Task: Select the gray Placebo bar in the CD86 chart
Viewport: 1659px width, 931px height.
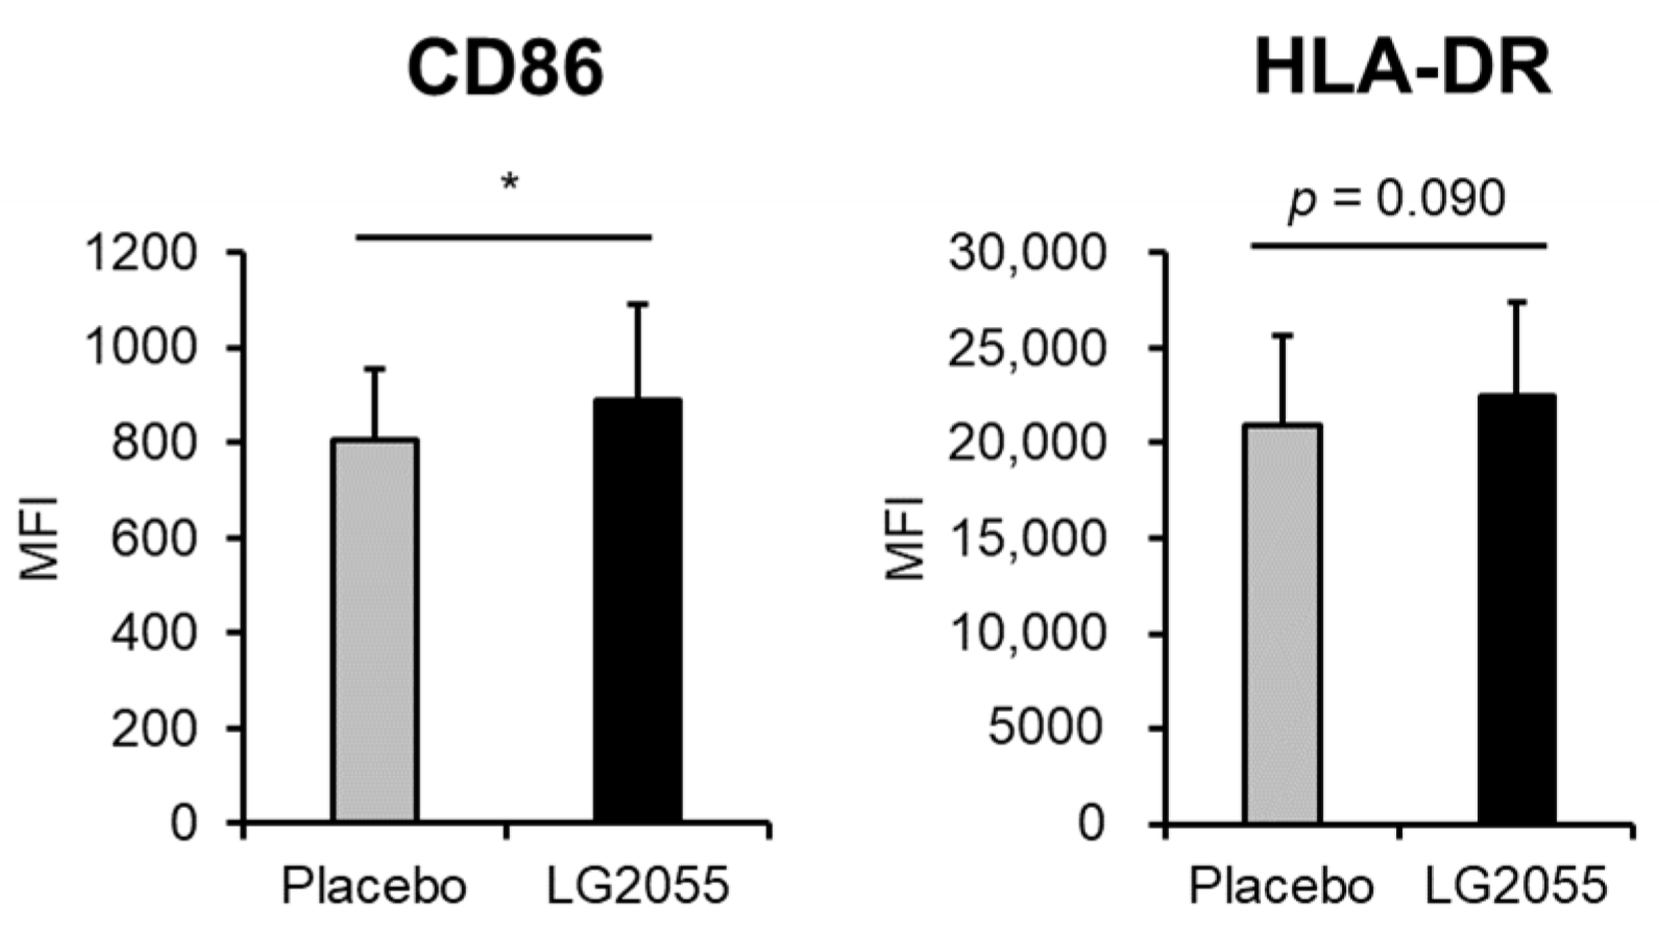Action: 374,629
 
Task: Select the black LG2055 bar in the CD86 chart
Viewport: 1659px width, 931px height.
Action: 637,609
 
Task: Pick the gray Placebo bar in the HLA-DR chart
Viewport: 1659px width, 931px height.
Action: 1282,622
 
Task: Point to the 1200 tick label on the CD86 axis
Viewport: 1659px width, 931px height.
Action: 140,252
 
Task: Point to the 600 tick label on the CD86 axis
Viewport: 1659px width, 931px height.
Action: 154,539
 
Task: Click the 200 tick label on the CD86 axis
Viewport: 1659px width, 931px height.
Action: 154,729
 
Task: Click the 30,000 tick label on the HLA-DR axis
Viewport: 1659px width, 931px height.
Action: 1027,252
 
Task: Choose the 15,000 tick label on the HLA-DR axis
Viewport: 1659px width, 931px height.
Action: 1027,539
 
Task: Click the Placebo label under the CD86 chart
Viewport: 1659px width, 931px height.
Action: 374,887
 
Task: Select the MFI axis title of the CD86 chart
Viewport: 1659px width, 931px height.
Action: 39,539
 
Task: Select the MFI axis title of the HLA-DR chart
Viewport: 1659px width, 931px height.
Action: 904,539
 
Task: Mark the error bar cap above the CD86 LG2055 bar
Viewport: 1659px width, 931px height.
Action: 637,303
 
